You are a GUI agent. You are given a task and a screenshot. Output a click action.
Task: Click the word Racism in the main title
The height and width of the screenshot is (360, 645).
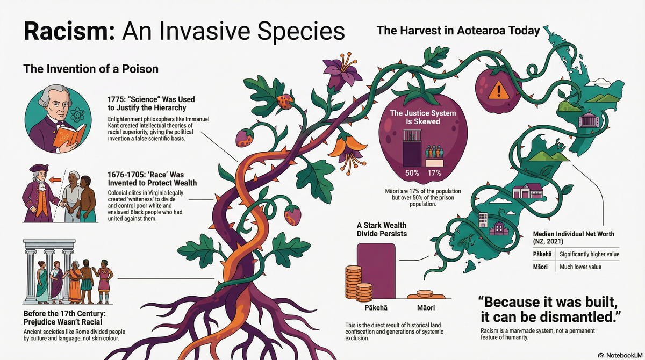(x=69, y=31)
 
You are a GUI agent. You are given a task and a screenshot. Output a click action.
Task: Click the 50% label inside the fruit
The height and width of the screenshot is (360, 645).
(x=412, y=173)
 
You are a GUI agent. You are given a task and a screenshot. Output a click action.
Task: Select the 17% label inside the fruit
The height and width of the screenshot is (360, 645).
(x=434, y=173)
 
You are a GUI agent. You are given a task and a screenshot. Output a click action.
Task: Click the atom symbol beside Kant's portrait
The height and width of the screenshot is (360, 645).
(x=77, y=114)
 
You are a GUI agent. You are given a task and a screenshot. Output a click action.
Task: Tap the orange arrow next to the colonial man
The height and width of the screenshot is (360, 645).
(x=55, y=180)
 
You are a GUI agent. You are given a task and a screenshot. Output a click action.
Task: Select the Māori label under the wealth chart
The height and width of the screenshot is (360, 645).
(x=426, y=308)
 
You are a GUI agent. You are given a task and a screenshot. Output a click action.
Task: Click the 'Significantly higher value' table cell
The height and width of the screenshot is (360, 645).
(x=589, y=254)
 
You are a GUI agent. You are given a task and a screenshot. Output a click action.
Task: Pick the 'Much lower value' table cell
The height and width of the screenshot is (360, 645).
(x=580, y=267)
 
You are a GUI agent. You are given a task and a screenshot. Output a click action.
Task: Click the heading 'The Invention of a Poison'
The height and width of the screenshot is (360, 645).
(x=91, y=69)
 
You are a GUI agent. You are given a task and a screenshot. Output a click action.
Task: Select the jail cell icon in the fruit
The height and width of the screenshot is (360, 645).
(x=412, y=135)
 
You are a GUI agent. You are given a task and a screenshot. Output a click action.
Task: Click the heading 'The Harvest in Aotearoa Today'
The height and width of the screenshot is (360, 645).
(x=458, y=31)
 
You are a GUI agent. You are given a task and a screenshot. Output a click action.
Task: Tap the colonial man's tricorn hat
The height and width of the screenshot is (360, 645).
(x=39, y=168)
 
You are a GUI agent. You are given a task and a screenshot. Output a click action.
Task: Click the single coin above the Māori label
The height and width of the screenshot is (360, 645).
(x=425, y=293)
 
